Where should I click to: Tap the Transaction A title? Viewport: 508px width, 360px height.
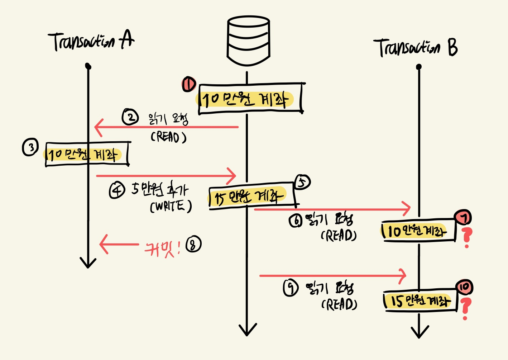[91, 41]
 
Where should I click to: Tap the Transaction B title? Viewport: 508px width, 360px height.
[416, 48]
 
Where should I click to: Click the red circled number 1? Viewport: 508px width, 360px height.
[189, 84]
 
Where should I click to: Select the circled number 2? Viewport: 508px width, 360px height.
[130, 117]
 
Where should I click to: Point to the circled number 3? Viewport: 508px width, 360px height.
[30, 147]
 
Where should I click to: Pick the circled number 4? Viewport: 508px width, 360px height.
[117, 190]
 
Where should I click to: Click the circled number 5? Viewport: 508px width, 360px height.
[302, 182]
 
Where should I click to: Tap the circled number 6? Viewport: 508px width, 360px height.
[296, 221]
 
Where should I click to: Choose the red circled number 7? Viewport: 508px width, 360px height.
[463, 218]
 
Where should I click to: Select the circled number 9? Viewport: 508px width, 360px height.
[291, 288]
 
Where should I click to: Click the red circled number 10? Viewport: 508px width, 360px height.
[464, 287]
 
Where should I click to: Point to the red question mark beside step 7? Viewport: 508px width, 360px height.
[466, 238]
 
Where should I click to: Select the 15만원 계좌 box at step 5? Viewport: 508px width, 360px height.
[252, 196]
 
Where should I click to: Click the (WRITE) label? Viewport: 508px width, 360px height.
[171, 206]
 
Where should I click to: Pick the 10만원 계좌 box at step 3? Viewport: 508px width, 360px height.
[87, 154]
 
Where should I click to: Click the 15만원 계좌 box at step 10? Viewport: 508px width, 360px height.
[420, 301]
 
